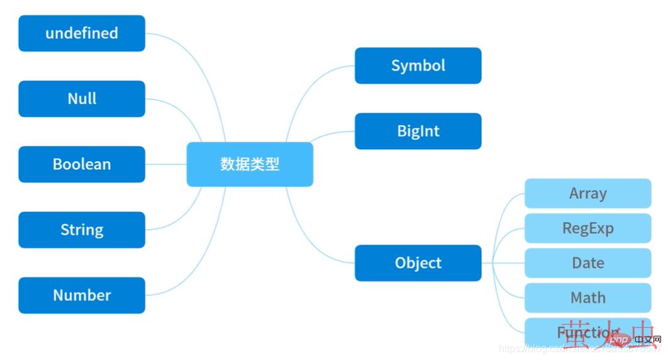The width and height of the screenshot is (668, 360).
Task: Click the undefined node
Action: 82,33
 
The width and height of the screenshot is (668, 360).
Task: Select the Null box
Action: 82,99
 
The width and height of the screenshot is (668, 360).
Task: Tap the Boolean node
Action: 82,164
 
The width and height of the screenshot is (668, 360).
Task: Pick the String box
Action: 82,230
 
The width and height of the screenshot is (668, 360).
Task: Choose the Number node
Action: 82,295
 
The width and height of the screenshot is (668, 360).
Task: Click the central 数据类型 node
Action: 250,164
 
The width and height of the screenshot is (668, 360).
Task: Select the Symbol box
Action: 418,65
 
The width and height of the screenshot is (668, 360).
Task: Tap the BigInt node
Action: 418,131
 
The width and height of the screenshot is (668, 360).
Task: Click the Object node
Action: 418,263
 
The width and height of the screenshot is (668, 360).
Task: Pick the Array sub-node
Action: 587,193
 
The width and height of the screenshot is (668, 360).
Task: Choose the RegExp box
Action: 587,228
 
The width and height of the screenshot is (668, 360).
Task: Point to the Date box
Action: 587,262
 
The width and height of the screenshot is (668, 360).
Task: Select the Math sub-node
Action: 587,297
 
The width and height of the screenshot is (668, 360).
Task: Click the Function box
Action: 587,332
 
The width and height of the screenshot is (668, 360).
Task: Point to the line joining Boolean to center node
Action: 166,164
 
